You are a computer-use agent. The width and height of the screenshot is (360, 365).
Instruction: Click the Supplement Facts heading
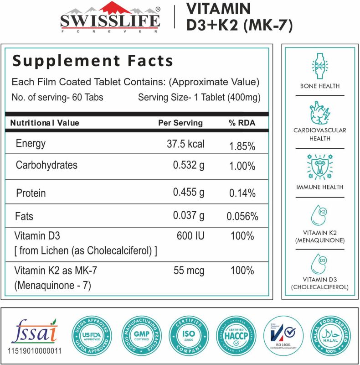pyautogui.click(x=93, y=61)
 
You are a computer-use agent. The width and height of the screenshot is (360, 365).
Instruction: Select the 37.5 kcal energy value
pyautogui.click(x=185, y=144)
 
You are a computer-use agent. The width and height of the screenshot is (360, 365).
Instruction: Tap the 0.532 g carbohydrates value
pyautogui.click(x=189, y=165)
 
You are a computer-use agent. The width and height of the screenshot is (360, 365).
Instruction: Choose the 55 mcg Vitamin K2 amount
pyautogui.click(x=190, y=271)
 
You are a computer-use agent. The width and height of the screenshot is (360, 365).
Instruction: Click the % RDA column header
pyautogui.click(x=242, y=123)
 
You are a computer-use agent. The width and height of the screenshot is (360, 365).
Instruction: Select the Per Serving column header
pyautogui.click(x=180, y=123)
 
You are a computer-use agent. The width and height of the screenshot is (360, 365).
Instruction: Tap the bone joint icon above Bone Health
pyautogui.click(x=319, y=65)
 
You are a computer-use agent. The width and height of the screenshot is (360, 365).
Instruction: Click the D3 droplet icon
pyautogui.click(x=319, y=264)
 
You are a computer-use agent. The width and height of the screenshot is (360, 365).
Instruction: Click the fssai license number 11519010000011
pyautogui.click(x=35, y=352)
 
